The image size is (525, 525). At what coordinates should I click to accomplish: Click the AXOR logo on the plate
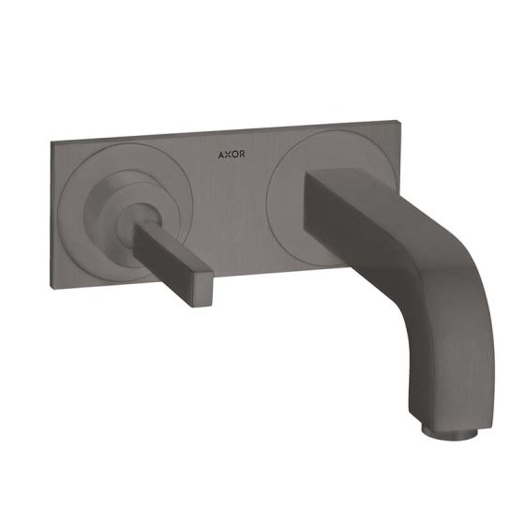[x=232, y=155]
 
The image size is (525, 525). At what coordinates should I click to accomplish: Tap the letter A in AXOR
[x=221, y=155]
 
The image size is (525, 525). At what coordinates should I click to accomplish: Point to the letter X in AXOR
[x=228, y=155]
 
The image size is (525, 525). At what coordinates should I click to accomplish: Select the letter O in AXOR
[x=234, y=154]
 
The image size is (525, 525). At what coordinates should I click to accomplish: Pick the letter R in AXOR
[x=242, y=154]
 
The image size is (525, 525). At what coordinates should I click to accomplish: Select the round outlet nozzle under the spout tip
[x=449, y=433]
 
